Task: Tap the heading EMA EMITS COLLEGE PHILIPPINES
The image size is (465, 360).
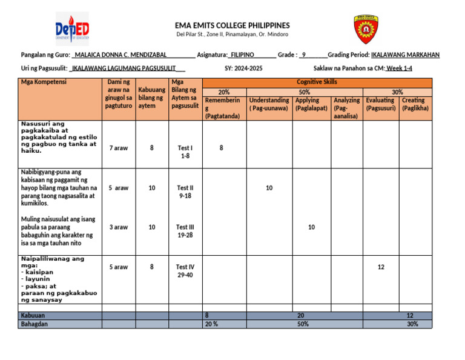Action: pyautogui.click(x=232, y=25)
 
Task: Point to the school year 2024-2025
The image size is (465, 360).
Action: pyautogui.click(x=248, y=68)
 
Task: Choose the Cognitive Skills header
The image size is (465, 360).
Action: pyautogui.click(x=317, y=82)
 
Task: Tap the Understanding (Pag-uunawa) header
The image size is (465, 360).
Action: pyautogui.click(x=269, y=104)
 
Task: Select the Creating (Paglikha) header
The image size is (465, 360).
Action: pyautogui.click(x=415, y=104)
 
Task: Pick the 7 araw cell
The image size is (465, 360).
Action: pyautogui.click(x=118, y=148)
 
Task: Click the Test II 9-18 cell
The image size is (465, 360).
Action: pyautogui.click(x=185, y=192)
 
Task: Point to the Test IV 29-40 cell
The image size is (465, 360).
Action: pyautogui.click(x=185, y=271)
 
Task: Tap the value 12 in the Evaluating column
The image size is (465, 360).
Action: pyautogui.click(x=381, y=267)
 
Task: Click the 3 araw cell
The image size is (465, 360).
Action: pyautogui.click(x=118, y=227)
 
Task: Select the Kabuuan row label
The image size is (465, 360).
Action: pyautogui.click(x=33, y=316)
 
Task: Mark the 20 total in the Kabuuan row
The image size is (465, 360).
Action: pyautogui.click(x=301, y=316)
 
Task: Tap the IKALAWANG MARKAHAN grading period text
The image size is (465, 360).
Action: pyautogui.click(x=405, y=55)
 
